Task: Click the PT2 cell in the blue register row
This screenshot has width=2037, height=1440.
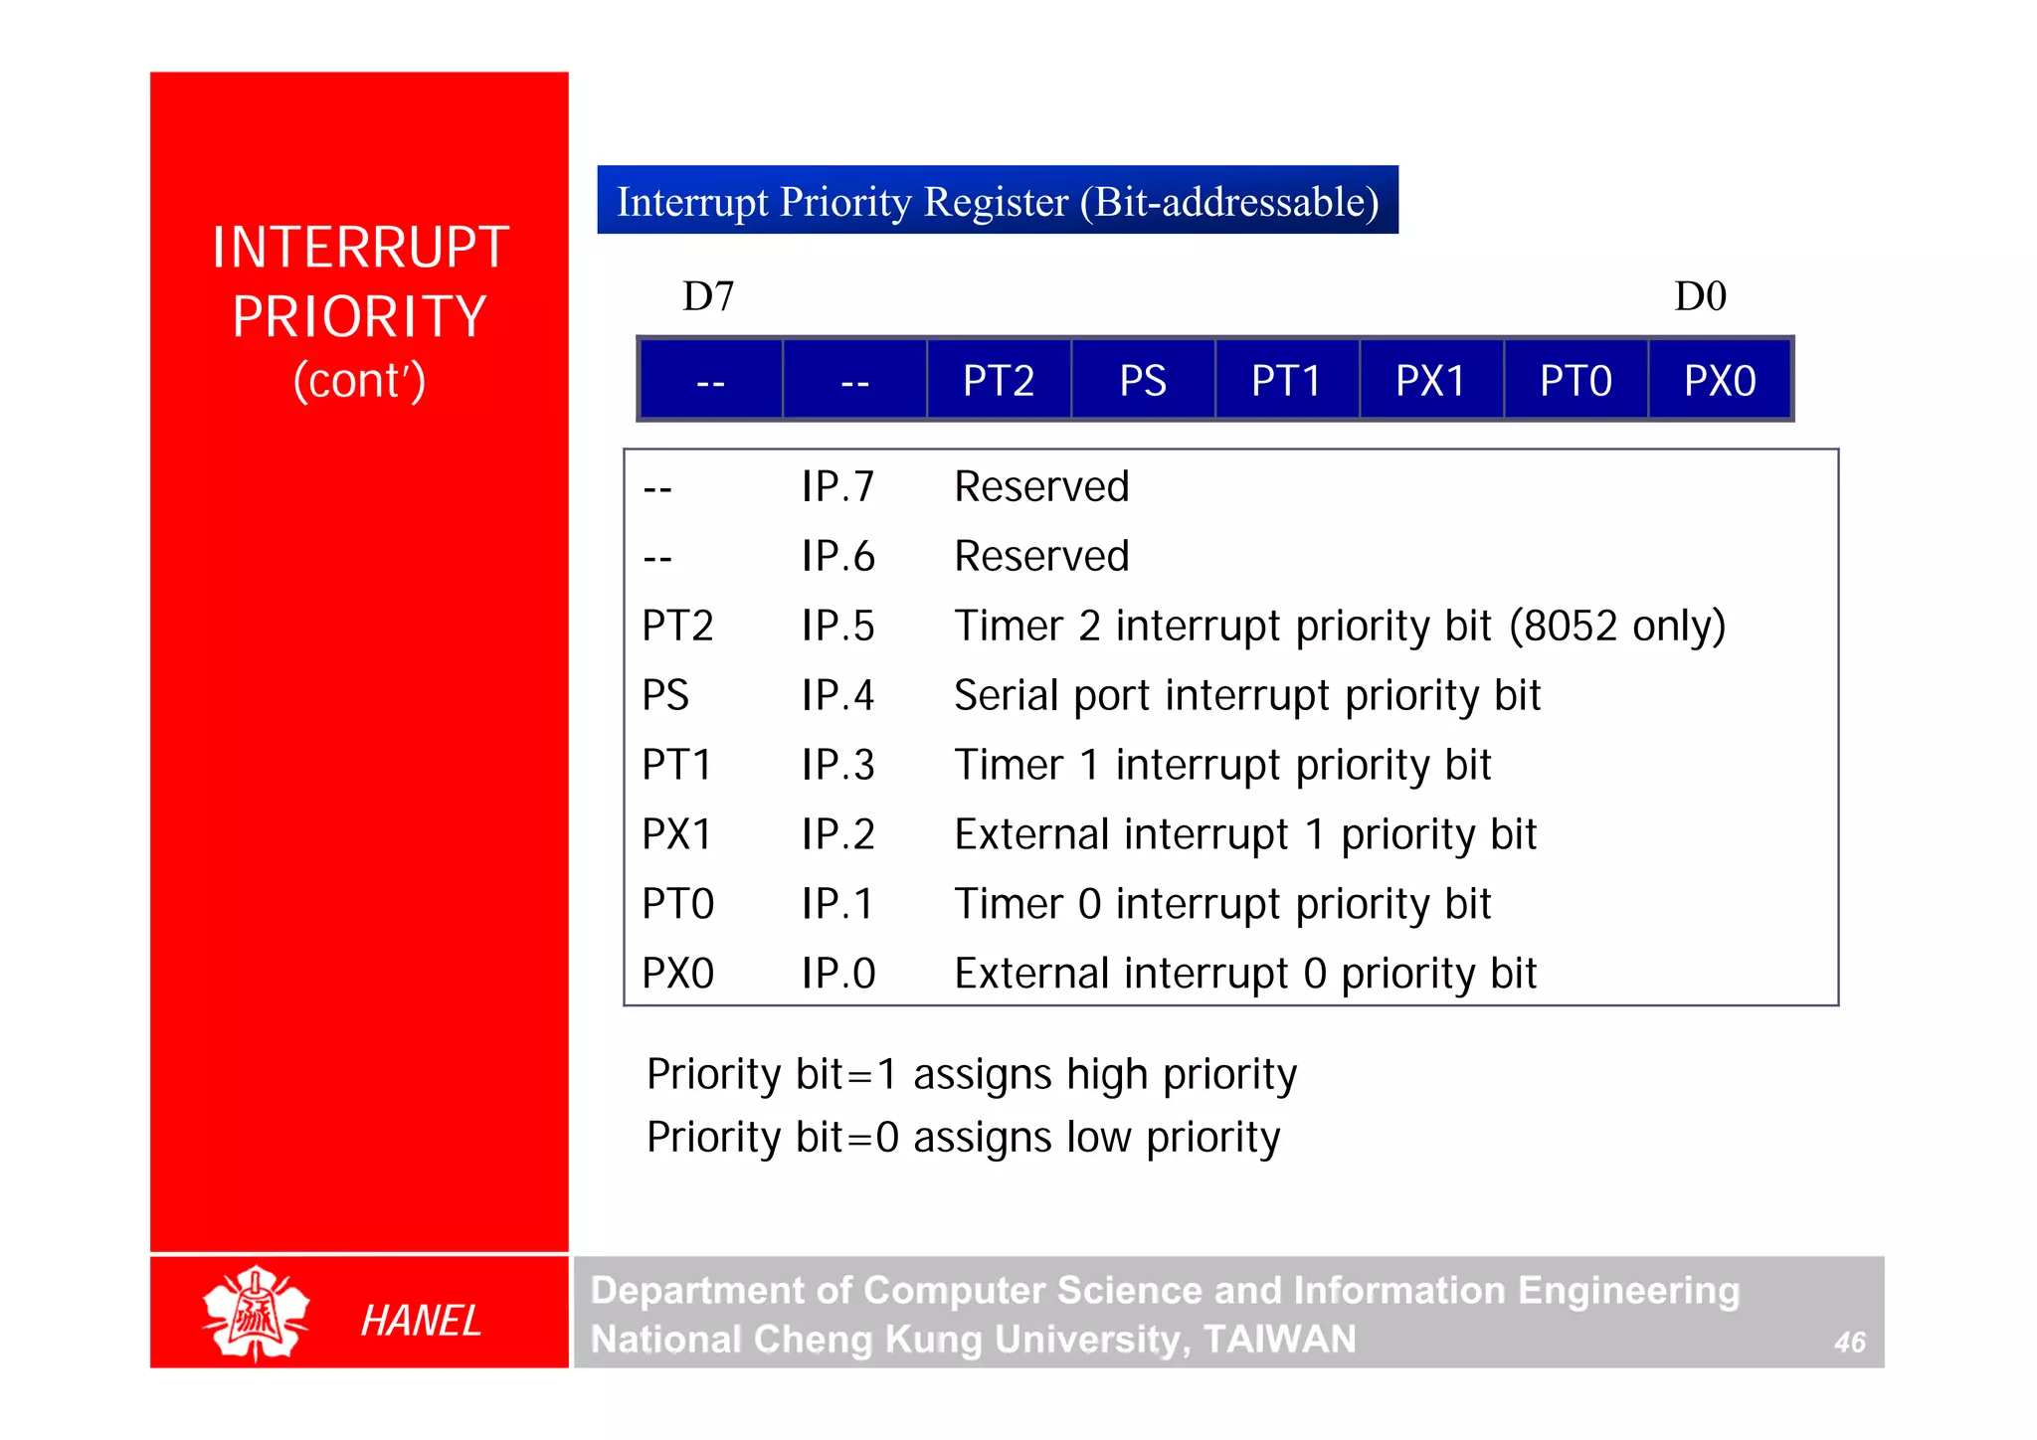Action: (999, 381)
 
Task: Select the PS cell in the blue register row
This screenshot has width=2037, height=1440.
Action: (1143, 381)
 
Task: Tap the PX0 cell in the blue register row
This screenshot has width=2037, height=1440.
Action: (1720, 381)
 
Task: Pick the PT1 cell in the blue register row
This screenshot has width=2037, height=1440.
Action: (1286, 381)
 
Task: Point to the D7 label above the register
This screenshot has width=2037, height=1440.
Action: (708, 296)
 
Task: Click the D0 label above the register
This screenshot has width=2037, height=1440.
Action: (1700, 296)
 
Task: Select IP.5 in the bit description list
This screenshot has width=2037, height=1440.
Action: (837, 627)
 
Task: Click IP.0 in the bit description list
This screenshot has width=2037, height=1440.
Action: (837, 974)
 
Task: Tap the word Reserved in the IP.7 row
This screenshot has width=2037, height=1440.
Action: (1041, 487)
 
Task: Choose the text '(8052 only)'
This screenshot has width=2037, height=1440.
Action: (1617, 627)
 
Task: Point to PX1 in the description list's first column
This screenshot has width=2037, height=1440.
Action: (677, 834)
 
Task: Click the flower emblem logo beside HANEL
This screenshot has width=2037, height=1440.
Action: (256, 1314)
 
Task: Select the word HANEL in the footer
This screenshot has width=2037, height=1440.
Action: (421, 1321)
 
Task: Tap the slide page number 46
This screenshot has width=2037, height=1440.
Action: (1849, 1343)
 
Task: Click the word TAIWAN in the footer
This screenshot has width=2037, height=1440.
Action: (1279, 1340)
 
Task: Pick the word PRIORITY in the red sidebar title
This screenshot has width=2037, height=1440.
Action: (359, 317)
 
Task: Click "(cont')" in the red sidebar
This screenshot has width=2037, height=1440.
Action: (359, 381)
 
